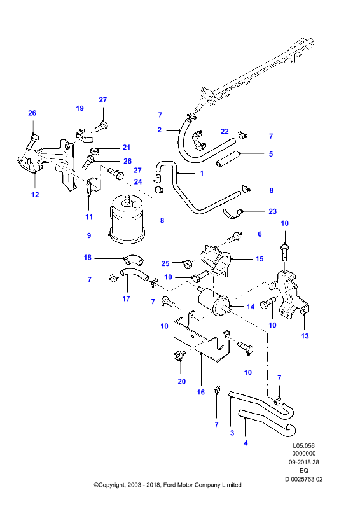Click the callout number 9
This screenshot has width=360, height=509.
click(x=89, y=235)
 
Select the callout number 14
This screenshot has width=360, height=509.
click(x=250, y=307)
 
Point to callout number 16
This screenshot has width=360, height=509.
click(x=200, y=392)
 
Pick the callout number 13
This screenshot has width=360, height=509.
click(x=305, y=336)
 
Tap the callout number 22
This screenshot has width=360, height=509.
click(x=225, y=131)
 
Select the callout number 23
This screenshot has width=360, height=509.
click(x=273, y=211)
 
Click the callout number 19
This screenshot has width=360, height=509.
click(x=80, y=108)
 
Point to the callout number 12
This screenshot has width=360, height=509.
click(x=35, y=195)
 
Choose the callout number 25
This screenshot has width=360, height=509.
click(x=165, y=263)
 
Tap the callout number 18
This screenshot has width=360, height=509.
click(x=88, y=258)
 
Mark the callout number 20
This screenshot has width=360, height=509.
click(x=181, y=381)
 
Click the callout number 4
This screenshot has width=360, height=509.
click(x=246, y=443)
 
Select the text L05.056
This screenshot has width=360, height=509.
click(x=304, y=446)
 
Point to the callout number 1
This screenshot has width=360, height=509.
click(x=202, y=173)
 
